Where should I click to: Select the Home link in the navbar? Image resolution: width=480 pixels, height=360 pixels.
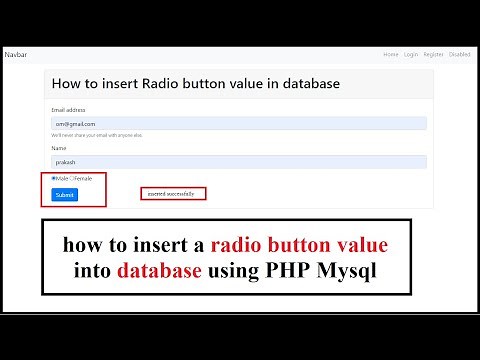391,54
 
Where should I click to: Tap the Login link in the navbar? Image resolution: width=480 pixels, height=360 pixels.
411,54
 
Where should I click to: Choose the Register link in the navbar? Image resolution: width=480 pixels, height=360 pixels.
434,54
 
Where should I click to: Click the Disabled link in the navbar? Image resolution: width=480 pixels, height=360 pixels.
460,54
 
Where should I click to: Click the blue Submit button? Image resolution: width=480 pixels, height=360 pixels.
64,194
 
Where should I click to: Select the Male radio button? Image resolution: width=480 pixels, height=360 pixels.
53,178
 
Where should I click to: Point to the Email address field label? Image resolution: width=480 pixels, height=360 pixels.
68,109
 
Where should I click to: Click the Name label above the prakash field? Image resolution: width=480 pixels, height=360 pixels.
58,148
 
